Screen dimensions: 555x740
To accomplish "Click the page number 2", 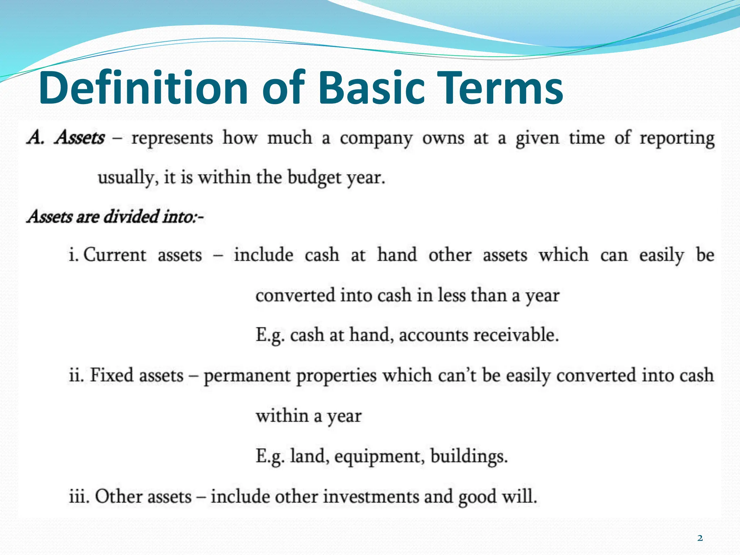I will tap(700, 538).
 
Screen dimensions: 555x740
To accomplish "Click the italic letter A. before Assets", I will tap(35, 138).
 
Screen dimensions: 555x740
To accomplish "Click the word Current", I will tap(115, 255).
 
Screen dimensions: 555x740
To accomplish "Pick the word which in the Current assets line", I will tap(563, 255).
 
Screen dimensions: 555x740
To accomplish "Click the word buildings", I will tap(469, 456).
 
